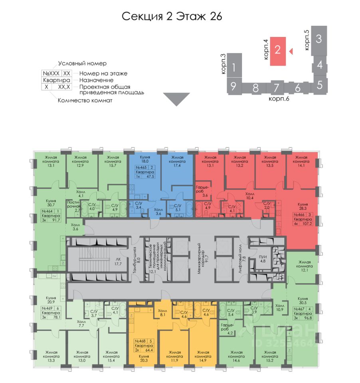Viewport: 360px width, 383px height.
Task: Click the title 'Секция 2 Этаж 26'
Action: pyautogui.click(x=171, y=16)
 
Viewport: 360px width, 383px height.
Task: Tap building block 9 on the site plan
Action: pyautogui.click(x=233, y=85)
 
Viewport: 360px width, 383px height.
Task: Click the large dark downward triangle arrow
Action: pyautogui.click(x=176, y=99)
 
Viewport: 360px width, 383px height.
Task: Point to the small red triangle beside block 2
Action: pyautogui.click(x=291, y=51)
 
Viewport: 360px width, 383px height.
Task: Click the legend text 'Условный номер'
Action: pyautogui.click(x=83, y=63)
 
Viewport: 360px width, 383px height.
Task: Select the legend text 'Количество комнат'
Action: pyautogui.click(x=85, y=101)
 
